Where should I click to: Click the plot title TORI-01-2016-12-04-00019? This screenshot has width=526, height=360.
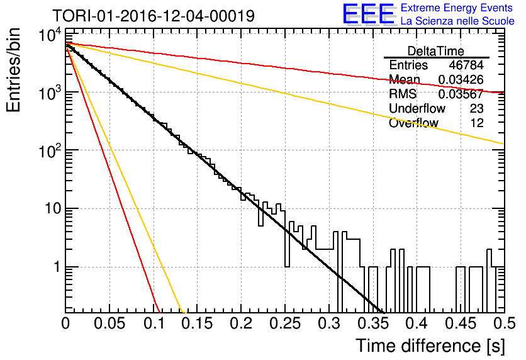(154, 16)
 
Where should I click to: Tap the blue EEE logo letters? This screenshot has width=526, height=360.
(369, 14)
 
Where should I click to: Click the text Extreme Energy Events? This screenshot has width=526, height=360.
(456, 8)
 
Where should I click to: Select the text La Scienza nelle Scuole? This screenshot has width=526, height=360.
(457, 21)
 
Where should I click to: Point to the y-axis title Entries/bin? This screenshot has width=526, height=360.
(13, 70)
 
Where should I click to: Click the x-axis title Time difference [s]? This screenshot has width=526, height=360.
(430, 346)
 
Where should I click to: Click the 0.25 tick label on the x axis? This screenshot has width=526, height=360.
(285, 323)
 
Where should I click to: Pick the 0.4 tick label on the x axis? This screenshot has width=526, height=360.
(417, 323)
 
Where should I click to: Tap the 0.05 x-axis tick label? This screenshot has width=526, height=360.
(109, 323)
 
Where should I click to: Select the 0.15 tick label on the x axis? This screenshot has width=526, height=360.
(198, 323)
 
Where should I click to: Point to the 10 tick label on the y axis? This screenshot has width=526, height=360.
(53, 209)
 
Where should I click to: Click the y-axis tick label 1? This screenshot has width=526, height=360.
(57, 267)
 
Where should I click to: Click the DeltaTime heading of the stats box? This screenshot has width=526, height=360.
(436, 52)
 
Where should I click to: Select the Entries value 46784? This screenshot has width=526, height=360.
(466, 65)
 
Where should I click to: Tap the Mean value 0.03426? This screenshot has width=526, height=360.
(461, 80)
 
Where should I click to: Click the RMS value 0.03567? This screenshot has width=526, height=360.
(461, 94)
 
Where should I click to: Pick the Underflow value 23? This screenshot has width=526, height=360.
(477, 109)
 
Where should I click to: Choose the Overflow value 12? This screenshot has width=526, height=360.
(477, 123)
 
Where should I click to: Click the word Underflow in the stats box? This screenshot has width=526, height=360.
(417, 109)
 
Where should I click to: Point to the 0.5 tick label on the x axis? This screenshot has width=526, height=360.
(505, 323)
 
